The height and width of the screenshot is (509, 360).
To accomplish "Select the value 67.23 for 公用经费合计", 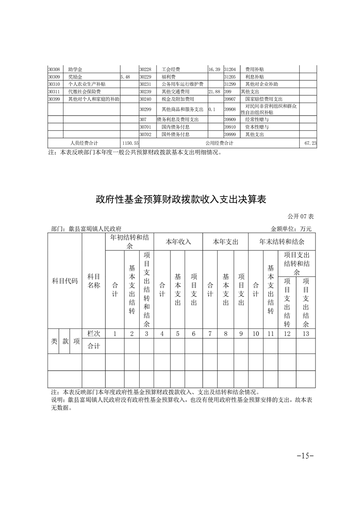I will point(311,143).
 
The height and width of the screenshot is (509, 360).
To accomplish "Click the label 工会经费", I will point(171,69).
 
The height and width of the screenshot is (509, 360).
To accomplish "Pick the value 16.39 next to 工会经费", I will point(214,69).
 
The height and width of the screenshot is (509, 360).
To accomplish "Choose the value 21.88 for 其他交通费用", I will point(214,92).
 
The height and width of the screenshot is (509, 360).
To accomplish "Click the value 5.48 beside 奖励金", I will point(126,77).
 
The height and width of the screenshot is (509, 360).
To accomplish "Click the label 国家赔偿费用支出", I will point(263,99).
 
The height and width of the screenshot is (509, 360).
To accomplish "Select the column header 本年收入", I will point(178,242).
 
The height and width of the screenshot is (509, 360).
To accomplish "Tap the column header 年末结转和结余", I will point(282,242).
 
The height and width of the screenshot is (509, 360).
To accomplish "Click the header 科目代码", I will point(65,281).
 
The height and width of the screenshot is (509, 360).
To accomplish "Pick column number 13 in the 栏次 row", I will point(306,334).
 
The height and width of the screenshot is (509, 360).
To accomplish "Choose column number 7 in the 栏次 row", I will point(210,334).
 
